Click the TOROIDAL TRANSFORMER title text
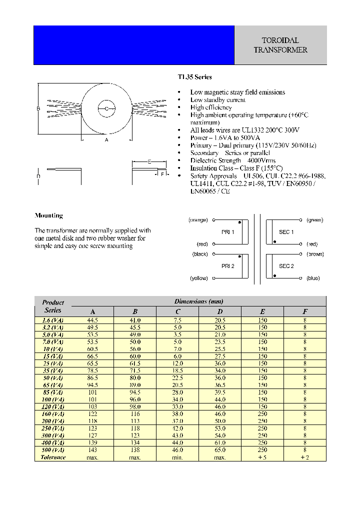pos(280,45)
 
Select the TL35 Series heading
pos(195,77)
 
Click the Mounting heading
pos(48,215)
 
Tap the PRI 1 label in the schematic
pos(227,232)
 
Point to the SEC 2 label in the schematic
pos(286,266)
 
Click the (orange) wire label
pos(198,220)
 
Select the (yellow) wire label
pos(198,278)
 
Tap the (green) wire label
pos(314,220)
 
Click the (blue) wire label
pos(313,278)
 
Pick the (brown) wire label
pos(315,254)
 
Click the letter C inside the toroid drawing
pos(106,108)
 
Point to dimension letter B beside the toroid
pos(38,108)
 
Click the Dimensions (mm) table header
pos(198,301)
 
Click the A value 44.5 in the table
pos(92,320)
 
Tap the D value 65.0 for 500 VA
pos(220,450)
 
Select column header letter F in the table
pos(304,311)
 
